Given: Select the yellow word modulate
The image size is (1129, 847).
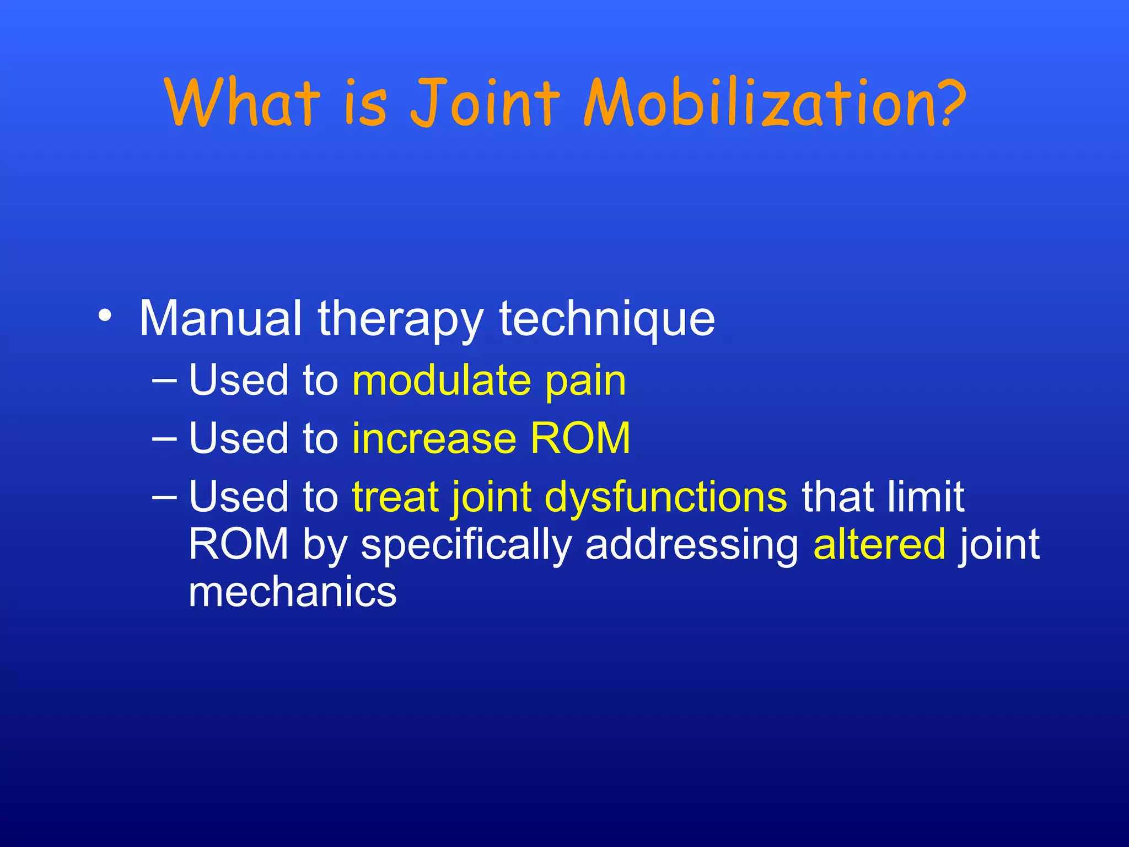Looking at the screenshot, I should pyautogui.click(x=442, y=380).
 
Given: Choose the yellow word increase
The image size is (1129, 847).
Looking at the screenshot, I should pyautogui.click(x=434, y=438).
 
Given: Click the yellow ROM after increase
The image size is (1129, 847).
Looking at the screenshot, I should pyautogui.click(x=580, y=438).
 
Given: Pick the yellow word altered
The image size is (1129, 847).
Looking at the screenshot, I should pyautogui.click(x=879, y=544).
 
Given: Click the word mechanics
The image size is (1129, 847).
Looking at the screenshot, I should pyautogui.click(x=292, y=592).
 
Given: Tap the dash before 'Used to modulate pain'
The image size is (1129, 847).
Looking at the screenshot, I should pyautogui.click(x=164, y=380).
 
